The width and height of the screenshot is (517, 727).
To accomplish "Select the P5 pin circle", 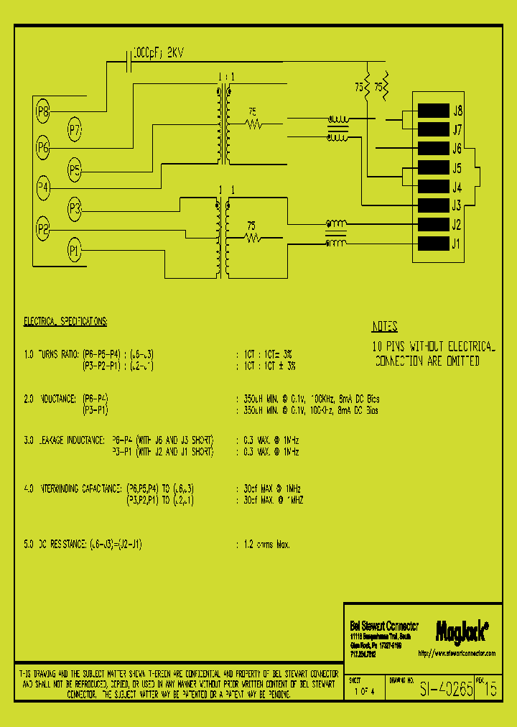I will point(75,170).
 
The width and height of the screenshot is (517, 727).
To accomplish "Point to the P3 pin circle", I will point(75,210).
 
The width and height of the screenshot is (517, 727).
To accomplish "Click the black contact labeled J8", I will point(433,111).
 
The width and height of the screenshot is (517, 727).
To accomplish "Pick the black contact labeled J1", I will point(433,243).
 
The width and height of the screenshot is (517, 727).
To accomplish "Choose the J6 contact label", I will point(457,149).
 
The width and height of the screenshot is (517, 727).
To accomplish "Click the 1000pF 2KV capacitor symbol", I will point(129,62).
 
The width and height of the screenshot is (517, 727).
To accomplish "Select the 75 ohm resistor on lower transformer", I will point(252,237).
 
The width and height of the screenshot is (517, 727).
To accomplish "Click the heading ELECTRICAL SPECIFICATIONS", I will point(66,321).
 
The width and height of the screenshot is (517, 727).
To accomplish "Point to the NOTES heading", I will point(385,327).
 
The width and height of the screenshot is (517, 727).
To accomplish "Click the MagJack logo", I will point(462,631).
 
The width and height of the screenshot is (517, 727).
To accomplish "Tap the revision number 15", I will point(491,690).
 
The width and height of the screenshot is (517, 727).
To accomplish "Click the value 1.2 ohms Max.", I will point(263,545).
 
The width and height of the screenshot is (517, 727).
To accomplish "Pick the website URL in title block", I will point(456,654).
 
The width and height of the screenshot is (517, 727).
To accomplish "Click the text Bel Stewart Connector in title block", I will point(383,626).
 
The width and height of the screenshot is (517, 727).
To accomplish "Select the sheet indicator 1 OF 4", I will point(365,692).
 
